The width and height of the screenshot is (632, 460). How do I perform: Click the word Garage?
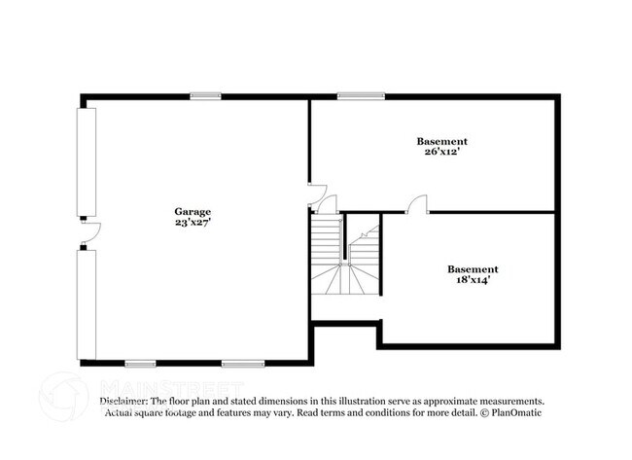tap(193, 211)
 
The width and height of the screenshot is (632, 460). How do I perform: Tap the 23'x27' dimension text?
tap(193, 222)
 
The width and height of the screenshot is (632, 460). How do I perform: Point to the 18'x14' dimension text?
tap(473, 279)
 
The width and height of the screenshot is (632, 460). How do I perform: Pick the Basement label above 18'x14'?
tap(473, 268)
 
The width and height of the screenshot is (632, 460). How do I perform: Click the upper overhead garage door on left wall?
tap(88, 161)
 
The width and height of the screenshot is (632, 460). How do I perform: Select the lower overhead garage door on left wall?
tap(88, 302)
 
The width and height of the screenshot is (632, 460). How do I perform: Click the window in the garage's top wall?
tap(204, 95)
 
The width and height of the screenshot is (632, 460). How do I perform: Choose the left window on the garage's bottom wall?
tap(140, 364)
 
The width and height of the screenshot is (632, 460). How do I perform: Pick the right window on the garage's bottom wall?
tap(236, 364)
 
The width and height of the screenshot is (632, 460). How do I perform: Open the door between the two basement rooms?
tap(417, 203)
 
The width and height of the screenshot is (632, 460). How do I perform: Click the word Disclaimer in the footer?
tap(123, 401)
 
